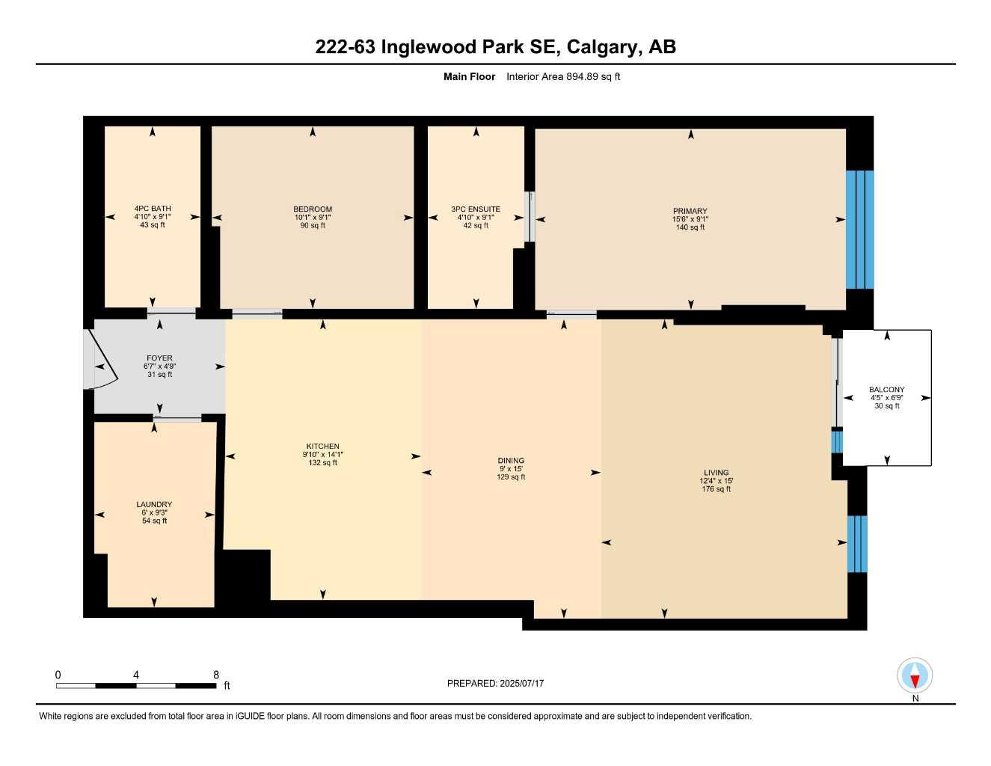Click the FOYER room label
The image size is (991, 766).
point(159,358)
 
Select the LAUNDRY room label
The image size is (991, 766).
point(154,504)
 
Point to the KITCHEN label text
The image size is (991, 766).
point(322,446)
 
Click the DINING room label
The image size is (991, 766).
point(511,461)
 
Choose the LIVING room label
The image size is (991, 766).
point(716,472)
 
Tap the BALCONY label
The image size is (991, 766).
point(886,390)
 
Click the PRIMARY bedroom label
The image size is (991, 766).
point(690,211)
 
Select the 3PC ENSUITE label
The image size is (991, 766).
point(476,209)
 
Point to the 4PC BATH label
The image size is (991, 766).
point(153,209)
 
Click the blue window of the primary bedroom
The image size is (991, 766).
point(859,230)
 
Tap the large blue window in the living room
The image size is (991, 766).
point(857,544)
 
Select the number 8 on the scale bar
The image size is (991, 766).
point(215,675)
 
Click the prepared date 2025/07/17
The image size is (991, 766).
point(522,684)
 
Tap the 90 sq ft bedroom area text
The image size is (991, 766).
point(313,225)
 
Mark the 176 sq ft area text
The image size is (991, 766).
point(716,488)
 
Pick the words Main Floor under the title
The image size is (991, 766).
point(469,76)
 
